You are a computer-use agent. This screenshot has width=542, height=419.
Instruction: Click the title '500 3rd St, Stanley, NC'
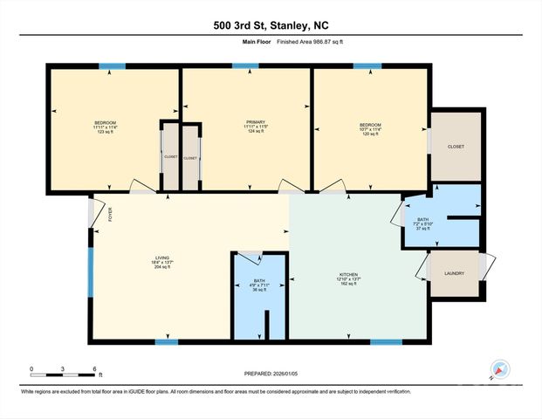271,25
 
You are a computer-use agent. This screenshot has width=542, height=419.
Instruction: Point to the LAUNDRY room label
455,273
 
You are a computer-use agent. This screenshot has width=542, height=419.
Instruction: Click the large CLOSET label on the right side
455,147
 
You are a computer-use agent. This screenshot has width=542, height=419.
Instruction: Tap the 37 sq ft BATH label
422,224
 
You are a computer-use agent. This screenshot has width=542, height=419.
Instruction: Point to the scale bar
62,374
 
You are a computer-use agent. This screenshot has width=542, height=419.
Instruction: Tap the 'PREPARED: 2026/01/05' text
271,374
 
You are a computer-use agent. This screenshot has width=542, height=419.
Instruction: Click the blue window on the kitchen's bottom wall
386,341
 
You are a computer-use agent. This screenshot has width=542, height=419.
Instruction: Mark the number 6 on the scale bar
93,367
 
